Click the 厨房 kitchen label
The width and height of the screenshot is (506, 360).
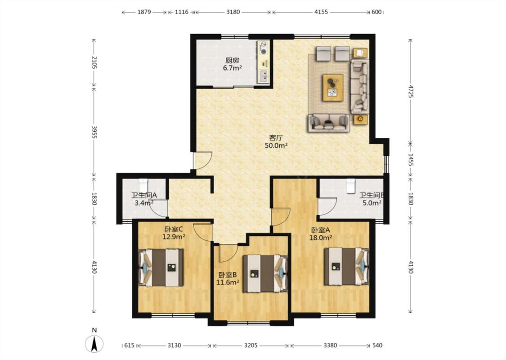point(233,60)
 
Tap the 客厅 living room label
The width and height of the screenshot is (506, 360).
point(276,138)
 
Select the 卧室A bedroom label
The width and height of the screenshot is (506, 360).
point(320,230)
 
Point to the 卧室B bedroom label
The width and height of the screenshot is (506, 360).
point(228,275)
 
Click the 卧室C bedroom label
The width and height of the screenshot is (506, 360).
point(174,229)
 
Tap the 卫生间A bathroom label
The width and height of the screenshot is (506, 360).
point(144,195)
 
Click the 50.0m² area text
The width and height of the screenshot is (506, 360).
point(276,146)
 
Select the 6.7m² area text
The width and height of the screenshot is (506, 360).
point(233,68)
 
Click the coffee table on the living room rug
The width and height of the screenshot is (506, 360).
point(333,87)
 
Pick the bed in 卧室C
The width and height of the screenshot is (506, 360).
point(161,268)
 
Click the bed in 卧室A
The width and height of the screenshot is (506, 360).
point(347,266)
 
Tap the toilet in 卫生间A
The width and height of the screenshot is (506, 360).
point(143,185)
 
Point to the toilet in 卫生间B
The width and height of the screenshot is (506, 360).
point(350,186)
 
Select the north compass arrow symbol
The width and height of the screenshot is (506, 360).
point(94,343)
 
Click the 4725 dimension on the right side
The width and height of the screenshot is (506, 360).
point(411,91)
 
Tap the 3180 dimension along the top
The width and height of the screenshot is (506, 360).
point(233,12)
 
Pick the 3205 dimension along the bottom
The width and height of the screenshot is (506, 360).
point(251,346)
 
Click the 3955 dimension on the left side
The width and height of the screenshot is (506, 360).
point(94,132)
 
